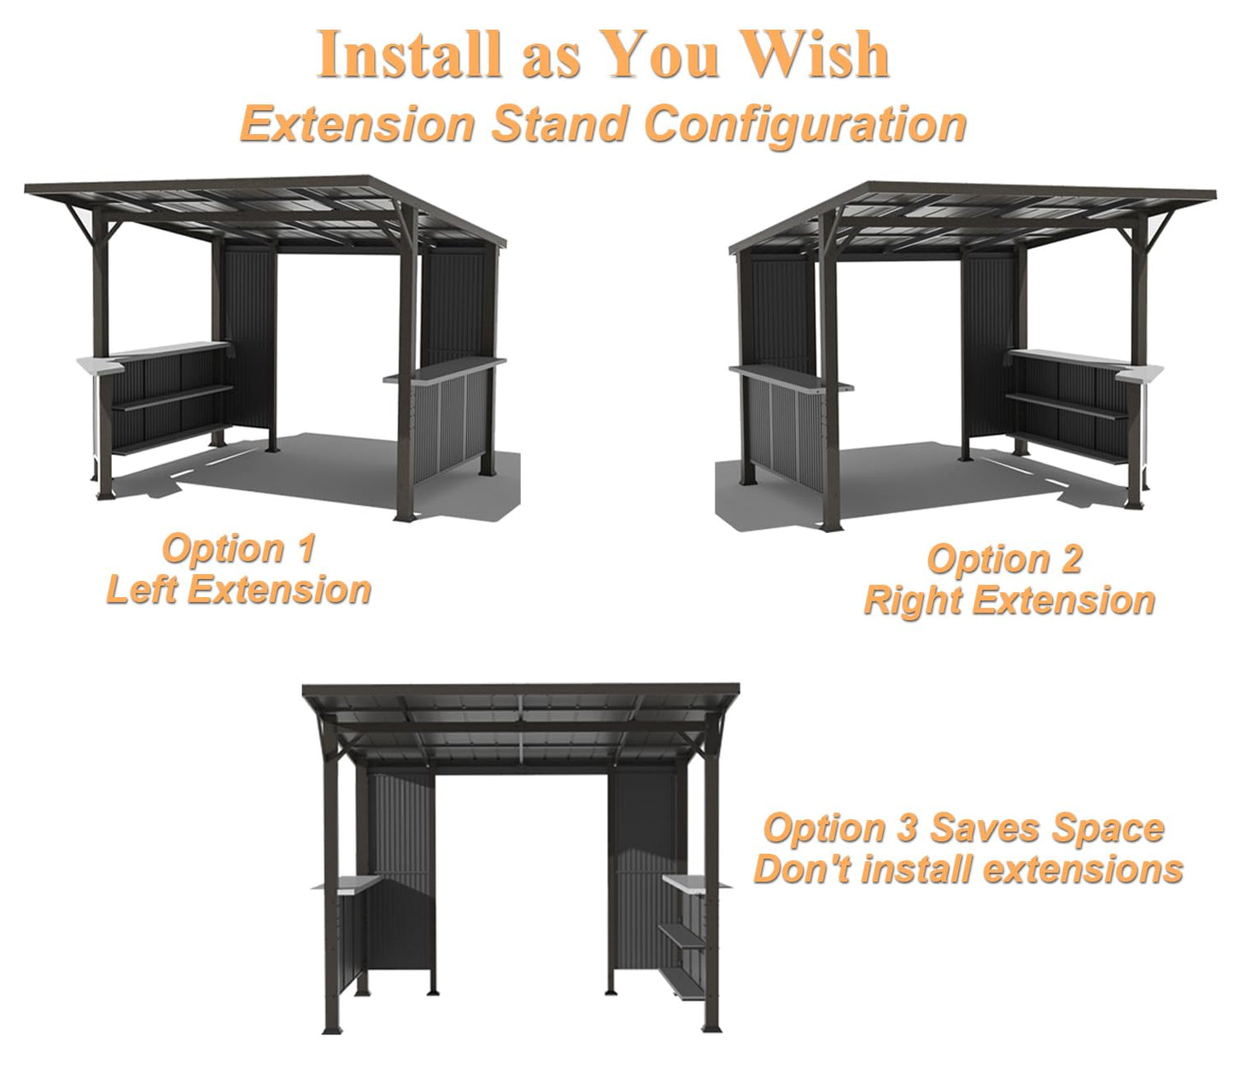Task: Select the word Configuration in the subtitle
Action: [805, 124]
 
